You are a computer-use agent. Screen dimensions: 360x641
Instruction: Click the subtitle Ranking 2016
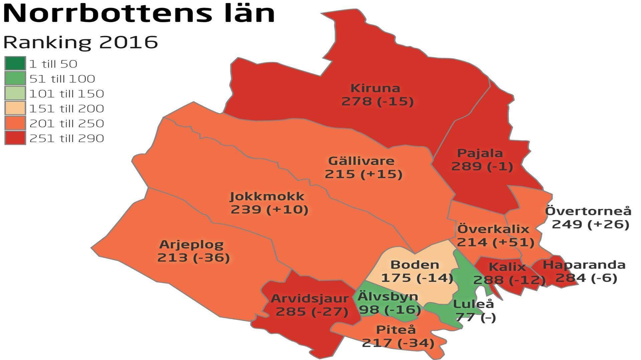pos(80,42)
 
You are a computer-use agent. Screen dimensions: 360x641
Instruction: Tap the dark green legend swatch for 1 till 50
pos(15,63)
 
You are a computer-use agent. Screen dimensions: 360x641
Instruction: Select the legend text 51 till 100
pos(62,79)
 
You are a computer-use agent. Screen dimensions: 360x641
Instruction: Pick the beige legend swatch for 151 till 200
pos(15,108)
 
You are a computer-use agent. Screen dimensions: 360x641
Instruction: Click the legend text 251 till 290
pos(66,138)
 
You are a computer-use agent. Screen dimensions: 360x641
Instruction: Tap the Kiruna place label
pos(375,88)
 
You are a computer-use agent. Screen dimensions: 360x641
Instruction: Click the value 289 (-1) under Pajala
pos(482,166)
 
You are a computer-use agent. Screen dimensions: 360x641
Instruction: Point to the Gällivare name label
pos(361,161)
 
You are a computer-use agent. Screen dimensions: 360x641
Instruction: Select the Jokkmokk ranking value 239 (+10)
pos(269,210)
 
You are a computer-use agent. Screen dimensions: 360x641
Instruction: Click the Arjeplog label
pos(191,245)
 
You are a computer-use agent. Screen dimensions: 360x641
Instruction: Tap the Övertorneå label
pos(588,211)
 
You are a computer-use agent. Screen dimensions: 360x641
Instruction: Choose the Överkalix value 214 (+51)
pos(495,242)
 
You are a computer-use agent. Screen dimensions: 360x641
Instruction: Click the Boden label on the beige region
pos(415,265)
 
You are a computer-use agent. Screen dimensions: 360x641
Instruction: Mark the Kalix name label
pos(507,267)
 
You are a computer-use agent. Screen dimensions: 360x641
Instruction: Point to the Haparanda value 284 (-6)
pos(586,278)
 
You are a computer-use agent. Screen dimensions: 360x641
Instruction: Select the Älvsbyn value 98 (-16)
pos(390,310)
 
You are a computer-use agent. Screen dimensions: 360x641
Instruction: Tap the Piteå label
pos(396,330)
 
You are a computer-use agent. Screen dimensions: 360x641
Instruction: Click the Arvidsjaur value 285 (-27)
pos(312,312)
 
